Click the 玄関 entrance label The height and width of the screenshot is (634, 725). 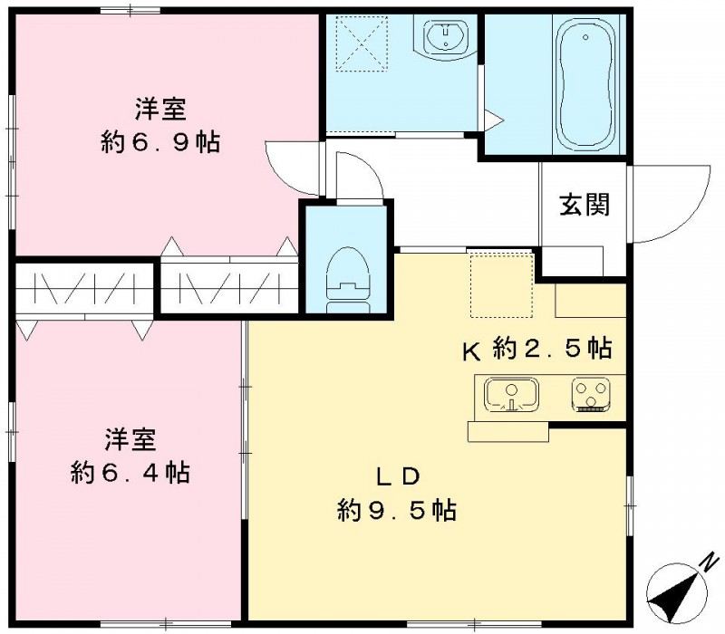coord(584,205)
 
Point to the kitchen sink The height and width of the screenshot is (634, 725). coord(510,395)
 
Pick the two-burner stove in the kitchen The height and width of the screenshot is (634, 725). coord(592,395)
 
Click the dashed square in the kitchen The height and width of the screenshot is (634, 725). coord(501,285)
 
